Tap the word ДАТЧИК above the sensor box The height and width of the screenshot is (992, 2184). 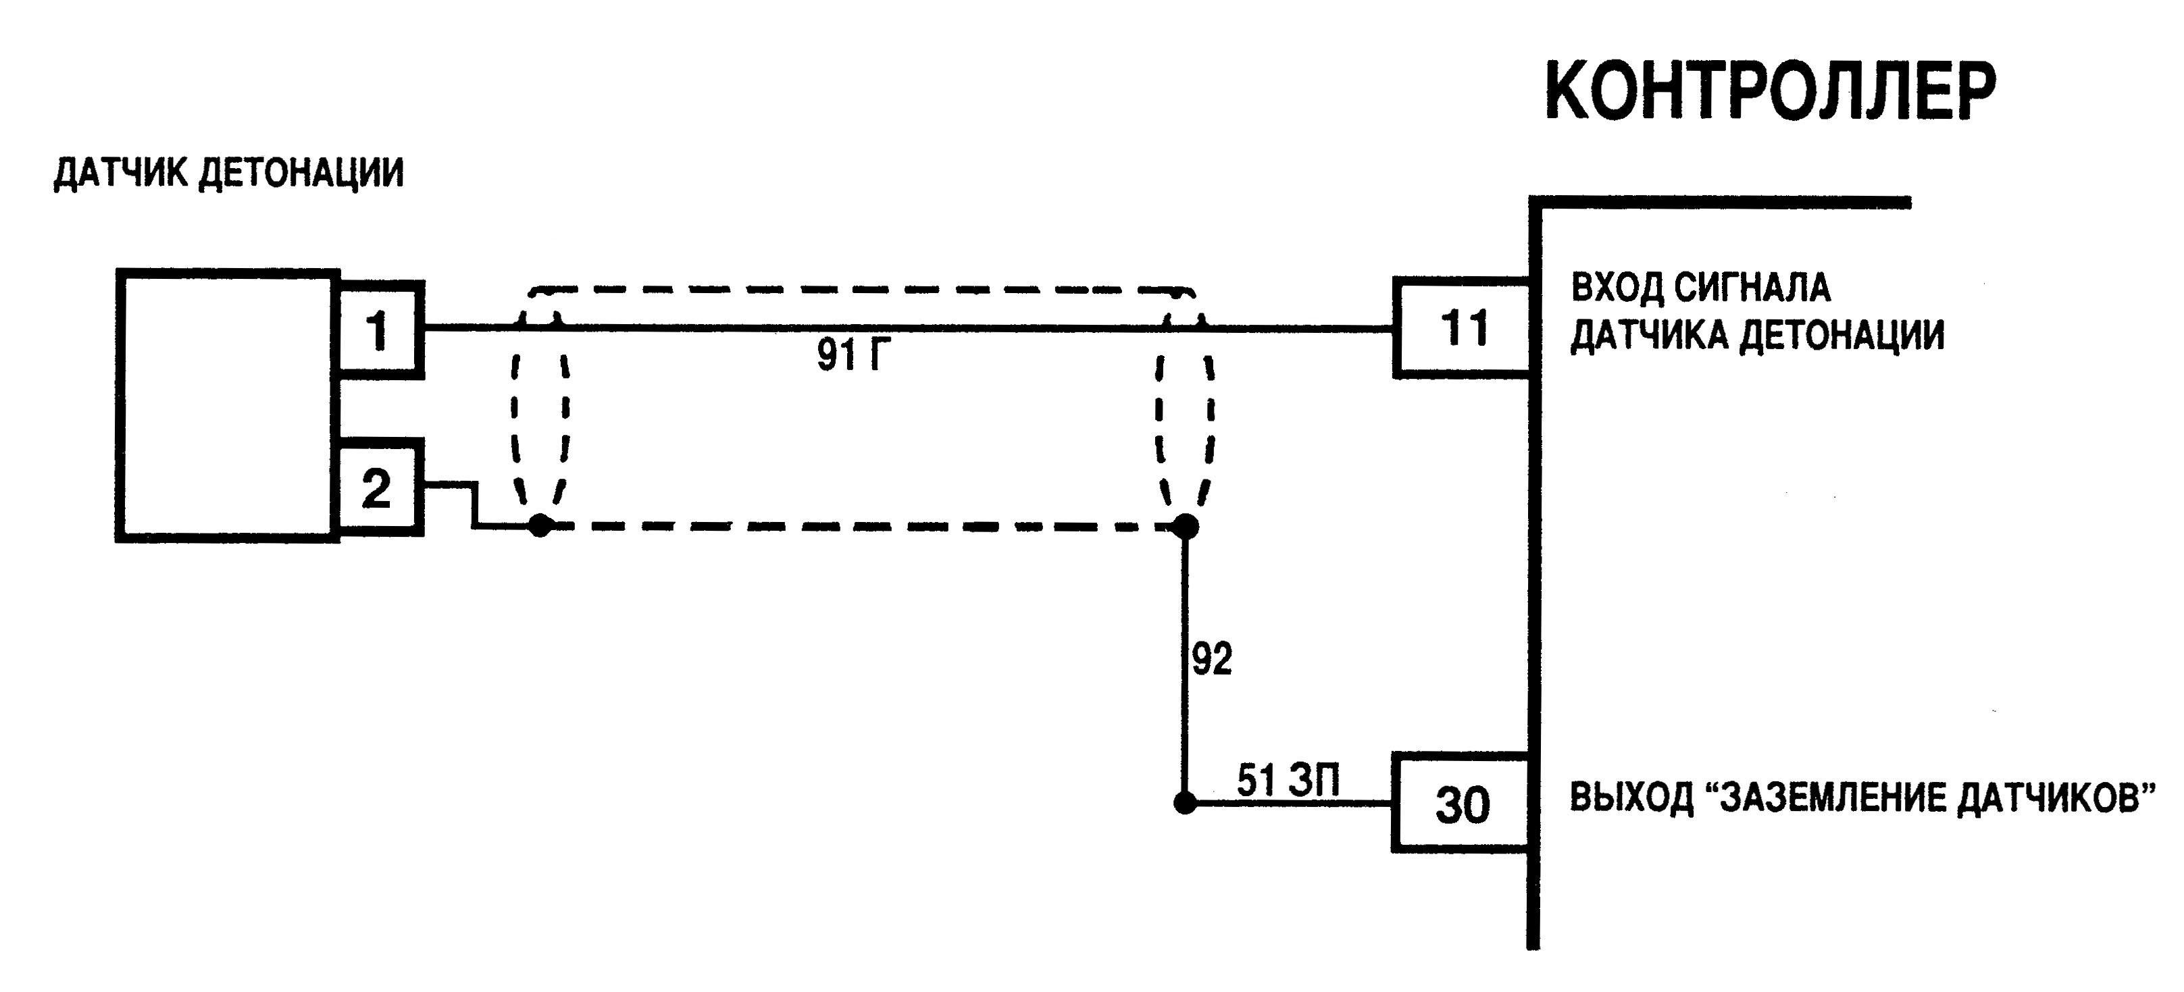(x=121, y=173)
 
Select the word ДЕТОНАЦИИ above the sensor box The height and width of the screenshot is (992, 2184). (x=301, y=173)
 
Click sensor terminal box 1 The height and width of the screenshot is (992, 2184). (x=379, y=329)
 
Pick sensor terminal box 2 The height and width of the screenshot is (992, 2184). (x=378, y=488)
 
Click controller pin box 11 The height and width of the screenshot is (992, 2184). (x=1463, y=328)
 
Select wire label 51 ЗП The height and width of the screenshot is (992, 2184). (x=1288, y=780)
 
